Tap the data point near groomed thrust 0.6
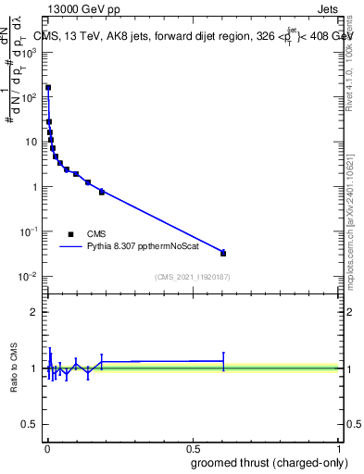[223, 253]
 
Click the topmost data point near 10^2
[48, 88]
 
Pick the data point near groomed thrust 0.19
[102, 192]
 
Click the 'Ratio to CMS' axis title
[15, 368]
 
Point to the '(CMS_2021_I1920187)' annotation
[193, 277]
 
